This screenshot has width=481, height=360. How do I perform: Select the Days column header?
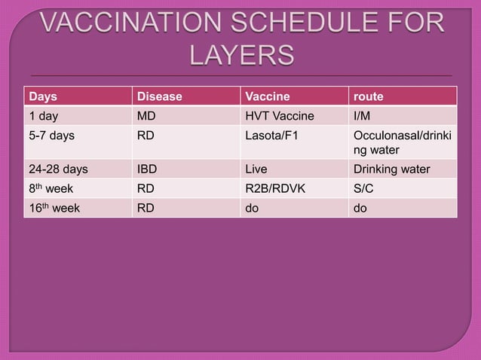pyautogui.click(x=43, y=96)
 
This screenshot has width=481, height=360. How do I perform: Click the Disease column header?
pyautogui.click(x=159, y=96)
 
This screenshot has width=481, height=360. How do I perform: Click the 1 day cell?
pyautogui.click(x=44, y=115)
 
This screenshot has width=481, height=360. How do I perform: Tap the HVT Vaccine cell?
pyautogui.click(x=279, y=115)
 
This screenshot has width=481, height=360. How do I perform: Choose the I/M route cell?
pyautogui.click(x=363, y=115)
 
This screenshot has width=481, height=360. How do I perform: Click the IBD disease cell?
pyautogui.click(x=147, y=169)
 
